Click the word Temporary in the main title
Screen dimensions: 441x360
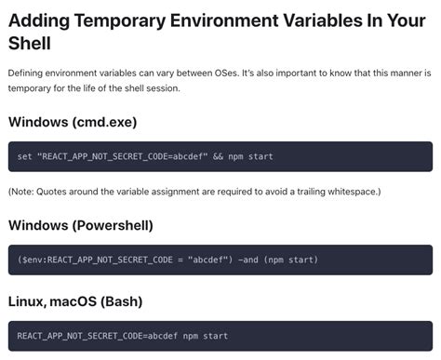[119, 21]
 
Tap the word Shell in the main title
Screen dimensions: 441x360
[30, 43]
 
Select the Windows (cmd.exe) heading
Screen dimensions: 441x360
[73, 122]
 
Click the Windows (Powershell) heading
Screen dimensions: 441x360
[81, 225]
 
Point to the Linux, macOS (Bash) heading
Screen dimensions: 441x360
[75, 301]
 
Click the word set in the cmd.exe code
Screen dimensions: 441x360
[24, 156]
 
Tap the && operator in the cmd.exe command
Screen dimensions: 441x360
[218, 156]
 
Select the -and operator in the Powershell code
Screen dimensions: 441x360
[247, 260]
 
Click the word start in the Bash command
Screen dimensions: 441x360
[216, 336]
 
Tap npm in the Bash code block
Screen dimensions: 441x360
[191, 337]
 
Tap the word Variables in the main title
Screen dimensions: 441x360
[323, 20]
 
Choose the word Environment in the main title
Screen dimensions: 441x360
[223, 20]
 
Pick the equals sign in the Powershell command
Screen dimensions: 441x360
[180, 260]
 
